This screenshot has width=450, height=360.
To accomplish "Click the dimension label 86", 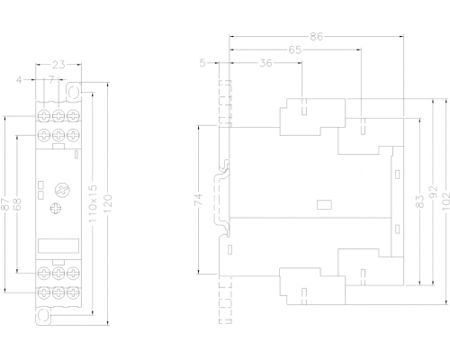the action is pyautogui.click(x=317, y=37).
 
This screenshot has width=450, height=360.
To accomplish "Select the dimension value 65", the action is pyautogui.click(x=295, y=49).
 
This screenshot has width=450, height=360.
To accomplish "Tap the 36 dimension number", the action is pyautogui.click(x=265, y=63).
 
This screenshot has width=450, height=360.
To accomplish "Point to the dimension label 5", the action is pyautogui.click(x=202, y=63).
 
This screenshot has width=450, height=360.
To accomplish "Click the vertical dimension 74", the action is pyautogui.click(x=199, y=200).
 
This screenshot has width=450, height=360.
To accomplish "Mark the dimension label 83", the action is pyautogui.click(x=420, y=202).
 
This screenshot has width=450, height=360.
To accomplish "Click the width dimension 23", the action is pyautogui.click(x=58, y=64).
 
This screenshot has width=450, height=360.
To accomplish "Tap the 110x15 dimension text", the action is pyautogui.click(x=94, y=203).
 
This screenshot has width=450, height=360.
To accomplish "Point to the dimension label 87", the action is pyautogui.click(x=4, y=204).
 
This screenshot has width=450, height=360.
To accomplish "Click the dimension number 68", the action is pyautogui.click(x=17, y=204).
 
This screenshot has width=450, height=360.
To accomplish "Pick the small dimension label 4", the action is pyautogui.click(x=19, y=80).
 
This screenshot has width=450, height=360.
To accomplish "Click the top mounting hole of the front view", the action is pyautogui.click(x=74, y=92).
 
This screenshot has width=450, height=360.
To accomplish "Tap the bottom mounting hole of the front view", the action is pyautogui.click(x=44, y=316).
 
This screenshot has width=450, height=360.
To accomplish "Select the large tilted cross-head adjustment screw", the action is pyautogui.click(x=62, y=190).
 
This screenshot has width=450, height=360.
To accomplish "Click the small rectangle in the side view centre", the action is pyautogui.click(x=324, y=204).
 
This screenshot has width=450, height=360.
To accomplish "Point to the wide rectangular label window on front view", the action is pyautogui.click(x=58, y=246).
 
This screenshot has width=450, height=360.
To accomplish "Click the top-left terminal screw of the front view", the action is pyautogui.click(x=44, y=116).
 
